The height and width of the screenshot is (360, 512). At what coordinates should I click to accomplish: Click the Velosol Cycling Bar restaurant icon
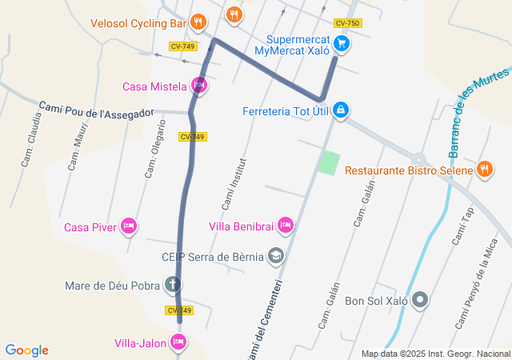(x=199, y=22)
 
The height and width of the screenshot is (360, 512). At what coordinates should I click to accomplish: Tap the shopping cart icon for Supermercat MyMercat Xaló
(x=342, y=44)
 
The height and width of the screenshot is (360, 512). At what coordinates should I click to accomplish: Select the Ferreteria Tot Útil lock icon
(x=341, y=109)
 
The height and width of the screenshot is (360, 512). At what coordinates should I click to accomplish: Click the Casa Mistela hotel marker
(x=199, y=86)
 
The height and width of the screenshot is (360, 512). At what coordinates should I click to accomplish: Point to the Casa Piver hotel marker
(x=128, y=227)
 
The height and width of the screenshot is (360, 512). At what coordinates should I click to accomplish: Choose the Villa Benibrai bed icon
(x=286, y=227)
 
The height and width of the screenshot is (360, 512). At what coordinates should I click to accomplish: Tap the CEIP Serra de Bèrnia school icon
(x=276, y=256)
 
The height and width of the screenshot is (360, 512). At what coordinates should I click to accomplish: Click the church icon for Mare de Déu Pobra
(x=173, y=284)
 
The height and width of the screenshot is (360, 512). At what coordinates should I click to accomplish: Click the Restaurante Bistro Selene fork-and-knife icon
(x=484, y=170)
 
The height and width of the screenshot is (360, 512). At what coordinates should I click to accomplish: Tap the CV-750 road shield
(x=347, y=23)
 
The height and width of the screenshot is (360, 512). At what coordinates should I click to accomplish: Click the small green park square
(x=328, y=162)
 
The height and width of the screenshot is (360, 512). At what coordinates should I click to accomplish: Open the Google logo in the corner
(x=26, y=350)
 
